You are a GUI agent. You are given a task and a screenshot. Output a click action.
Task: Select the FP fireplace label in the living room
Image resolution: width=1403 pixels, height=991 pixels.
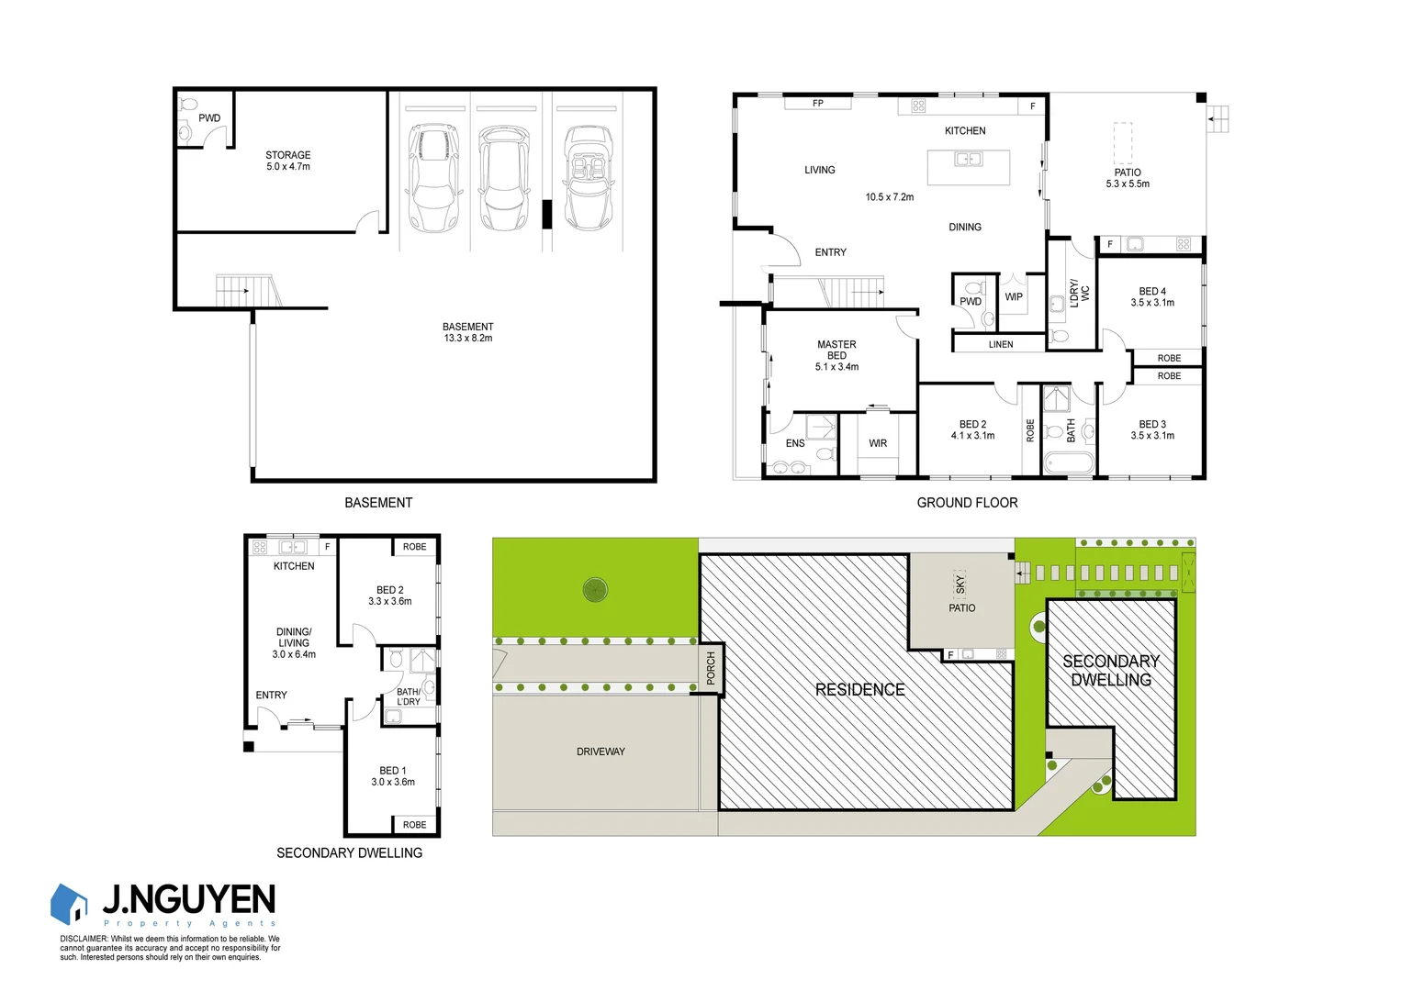(x=818, y=104)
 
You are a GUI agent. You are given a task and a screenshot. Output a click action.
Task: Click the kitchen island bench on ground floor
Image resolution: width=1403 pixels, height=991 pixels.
(x=968, y=167)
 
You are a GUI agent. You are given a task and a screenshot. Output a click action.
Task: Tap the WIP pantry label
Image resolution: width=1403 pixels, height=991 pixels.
(x=1014, y=297)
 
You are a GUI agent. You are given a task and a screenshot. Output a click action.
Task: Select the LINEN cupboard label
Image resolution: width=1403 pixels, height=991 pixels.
(x=1001, y=345)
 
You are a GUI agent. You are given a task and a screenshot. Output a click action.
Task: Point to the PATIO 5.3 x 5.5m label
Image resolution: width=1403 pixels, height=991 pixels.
(x=1128, y=178)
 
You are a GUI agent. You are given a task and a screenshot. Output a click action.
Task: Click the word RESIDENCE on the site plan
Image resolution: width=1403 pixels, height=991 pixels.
(x=860, y=690)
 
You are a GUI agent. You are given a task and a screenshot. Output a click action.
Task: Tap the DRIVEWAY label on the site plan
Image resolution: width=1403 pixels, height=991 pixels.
(x=600, y=752)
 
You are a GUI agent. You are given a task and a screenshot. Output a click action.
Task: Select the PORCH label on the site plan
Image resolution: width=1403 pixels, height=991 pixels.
(x=711, y=668)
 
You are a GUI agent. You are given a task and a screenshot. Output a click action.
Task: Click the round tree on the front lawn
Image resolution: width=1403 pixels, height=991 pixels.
(x=595, y=589)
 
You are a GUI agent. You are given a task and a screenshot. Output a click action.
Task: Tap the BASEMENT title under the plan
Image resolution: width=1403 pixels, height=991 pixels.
(x=378, y=503)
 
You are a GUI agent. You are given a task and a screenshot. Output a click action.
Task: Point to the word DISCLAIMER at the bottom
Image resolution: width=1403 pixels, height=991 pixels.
(x=84, y=939)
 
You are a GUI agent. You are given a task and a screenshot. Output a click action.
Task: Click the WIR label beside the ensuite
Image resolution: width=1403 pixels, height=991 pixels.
(x=878, y=443)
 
